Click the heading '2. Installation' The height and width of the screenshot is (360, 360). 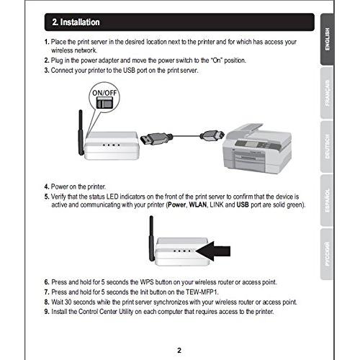(76, 22)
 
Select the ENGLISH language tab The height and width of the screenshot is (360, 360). (327, 39)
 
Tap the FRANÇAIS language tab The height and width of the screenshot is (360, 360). (327, 93)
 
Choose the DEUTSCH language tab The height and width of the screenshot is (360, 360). (327, 146)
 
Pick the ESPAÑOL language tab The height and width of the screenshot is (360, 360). (327, 200)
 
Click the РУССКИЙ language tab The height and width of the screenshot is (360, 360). (327, 254)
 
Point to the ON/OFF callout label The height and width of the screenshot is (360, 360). (104, 93)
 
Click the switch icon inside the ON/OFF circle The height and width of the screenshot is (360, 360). (104, 104)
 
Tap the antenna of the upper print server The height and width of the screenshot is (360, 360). (81, 132)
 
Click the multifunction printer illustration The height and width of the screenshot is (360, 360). (257, 148)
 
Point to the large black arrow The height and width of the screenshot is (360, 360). (213, 251)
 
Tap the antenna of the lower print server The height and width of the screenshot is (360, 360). (151, 238)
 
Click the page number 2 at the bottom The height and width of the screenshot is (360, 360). (179, 351)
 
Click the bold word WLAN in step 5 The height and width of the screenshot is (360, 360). (198, 204)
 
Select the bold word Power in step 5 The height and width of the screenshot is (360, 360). (177, 204)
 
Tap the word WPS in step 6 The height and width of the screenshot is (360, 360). (147, 282)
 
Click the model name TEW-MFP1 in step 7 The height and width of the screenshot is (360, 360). (202, 292)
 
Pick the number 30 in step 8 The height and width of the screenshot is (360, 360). (68, 302)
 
